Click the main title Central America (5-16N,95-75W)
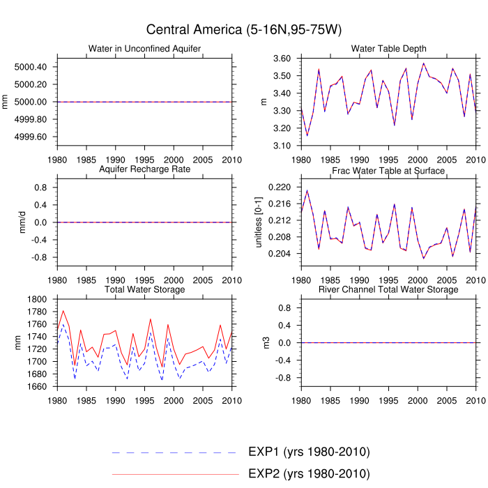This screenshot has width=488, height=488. (x=244, y=29)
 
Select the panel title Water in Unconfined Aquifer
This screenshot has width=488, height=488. (x=145, y=49)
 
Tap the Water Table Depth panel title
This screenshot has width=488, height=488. (x=389, y=49)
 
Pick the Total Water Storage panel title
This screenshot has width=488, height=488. (x=145, y=289)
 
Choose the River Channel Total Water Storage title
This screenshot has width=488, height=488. (x=389, y=289)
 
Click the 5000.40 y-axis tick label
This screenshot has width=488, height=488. (x=31, y=67)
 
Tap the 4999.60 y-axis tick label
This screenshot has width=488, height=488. (x=31, y=137)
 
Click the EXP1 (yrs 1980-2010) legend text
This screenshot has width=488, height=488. (x=308, y=452)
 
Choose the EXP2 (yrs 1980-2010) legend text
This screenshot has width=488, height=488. (x=308, y=474)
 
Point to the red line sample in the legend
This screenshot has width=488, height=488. (x=174, y=475)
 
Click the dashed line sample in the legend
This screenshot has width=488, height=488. (x=174, y=452)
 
